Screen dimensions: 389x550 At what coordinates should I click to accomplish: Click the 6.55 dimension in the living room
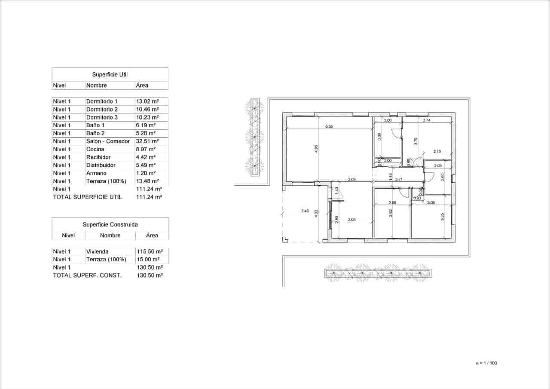click(x=329, y=126)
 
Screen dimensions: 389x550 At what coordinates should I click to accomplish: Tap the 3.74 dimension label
click(x=427, y=121)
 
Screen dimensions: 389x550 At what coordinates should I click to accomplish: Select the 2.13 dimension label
click(x=437, y=151)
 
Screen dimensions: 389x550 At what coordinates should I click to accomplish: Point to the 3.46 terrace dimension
click(x=305, y=211)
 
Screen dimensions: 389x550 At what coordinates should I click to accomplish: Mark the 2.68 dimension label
click(x=392, y=202)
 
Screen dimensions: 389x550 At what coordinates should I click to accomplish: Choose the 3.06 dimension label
click(x=431, y=202)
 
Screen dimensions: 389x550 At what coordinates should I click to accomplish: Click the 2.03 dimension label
click(x=438, y=166)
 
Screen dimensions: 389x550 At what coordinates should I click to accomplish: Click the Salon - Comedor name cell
click(x=108, y=141)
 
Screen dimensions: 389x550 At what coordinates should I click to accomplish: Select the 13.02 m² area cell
click(x=147, y=101)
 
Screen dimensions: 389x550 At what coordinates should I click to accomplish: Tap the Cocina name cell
click(x=95, y=149)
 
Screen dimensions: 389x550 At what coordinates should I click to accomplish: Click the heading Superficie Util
click(x=110, y=74)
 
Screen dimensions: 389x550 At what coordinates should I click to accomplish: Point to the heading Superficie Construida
click(x=110, y=224)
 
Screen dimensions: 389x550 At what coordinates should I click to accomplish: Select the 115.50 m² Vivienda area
click(x=149, y=251)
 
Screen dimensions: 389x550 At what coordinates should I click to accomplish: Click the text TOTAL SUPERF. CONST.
click(x=87, y=275)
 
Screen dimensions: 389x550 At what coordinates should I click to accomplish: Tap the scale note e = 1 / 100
click(x=486, y=363)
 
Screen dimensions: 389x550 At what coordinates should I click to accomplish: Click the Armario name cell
click(x=96, y=173)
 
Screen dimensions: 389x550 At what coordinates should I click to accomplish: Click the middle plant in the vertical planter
click(x=255, y=136)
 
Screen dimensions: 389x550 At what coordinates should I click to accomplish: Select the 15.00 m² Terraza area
click(x=147, y=260)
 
